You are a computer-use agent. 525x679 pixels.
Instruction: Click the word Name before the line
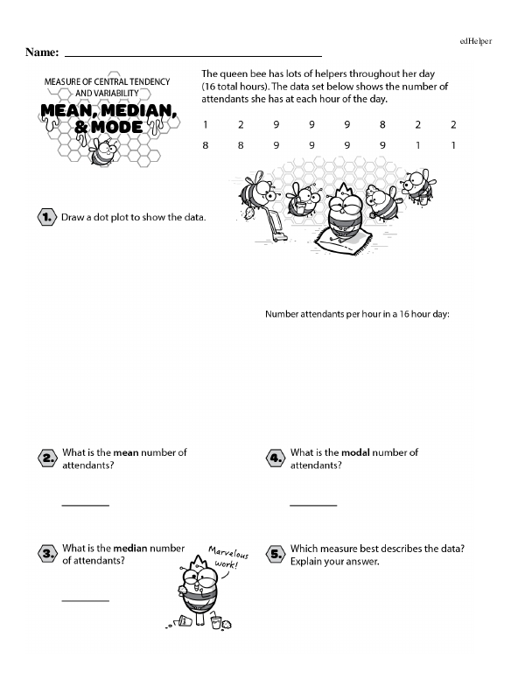pos(42,53)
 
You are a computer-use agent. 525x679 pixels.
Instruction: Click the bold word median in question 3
pos(129,549)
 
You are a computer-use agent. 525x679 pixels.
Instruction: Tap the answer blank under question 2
pos(85,506)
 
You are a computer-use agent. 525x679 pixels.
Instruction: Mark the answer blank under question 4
pos(312,506)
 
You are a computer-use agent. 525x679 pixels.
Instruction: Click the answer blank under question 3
pos(85,600)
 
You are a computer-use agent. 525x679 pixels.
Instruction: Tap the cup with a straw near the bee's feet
pos(215,621)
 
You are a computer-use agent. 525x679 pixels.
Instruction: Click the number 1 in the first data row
pos(205,125)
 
